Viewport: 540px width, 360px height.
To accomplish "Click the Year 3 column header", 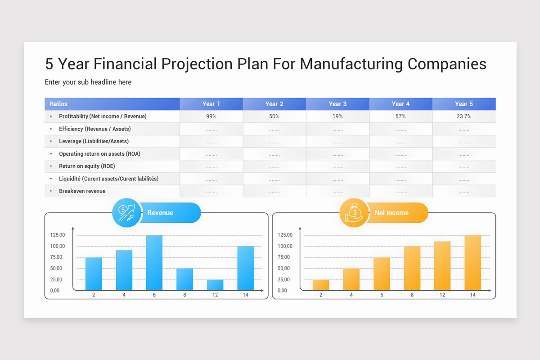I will (337, 104).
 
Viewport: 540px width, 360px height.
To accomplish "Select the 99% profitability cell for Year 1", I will (211, 117).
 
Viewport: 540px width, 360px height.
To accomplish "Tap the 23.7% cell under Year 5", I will (463, 117).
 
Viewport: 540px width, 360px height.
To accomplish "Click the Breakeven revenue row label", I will (82, 191).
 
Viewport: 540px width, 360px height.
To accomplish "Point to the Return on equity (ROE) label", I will (87, 166).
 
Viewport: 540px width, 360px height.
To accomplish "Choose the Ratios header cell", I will (58, 104).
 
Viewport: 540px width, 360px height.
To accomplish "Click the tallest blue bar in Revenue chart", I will (154, 263).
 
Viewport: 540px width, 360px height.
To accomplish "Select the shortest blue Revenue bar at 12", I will (215, 285).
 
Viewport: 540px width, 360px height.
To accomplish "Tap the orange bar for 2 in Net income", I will (320, 285).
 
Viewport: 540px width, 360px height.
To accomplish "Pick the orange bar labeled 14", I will (472, 263).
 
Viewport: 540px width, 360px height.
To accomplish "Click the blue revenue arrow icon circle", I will (126, 212).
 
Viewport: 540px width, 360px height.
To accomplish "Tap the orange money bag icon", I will (354, 212).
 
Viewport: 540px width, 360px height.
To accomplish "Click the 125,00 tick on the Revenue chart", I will (58, 235).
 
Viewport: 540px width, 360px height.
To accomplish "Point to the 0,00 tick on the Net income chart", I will (282, 291).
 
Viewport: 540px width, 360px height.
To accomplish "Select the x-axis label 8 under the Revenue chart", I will (184, 295).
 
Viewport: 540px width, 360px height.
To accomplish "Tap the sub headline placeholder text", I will (88, 82).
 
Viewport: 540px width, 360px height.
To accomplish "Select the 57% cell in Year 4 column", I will (400, 117).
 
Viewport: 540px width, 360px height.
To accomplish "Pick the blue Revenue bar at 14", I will (245, 268).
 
